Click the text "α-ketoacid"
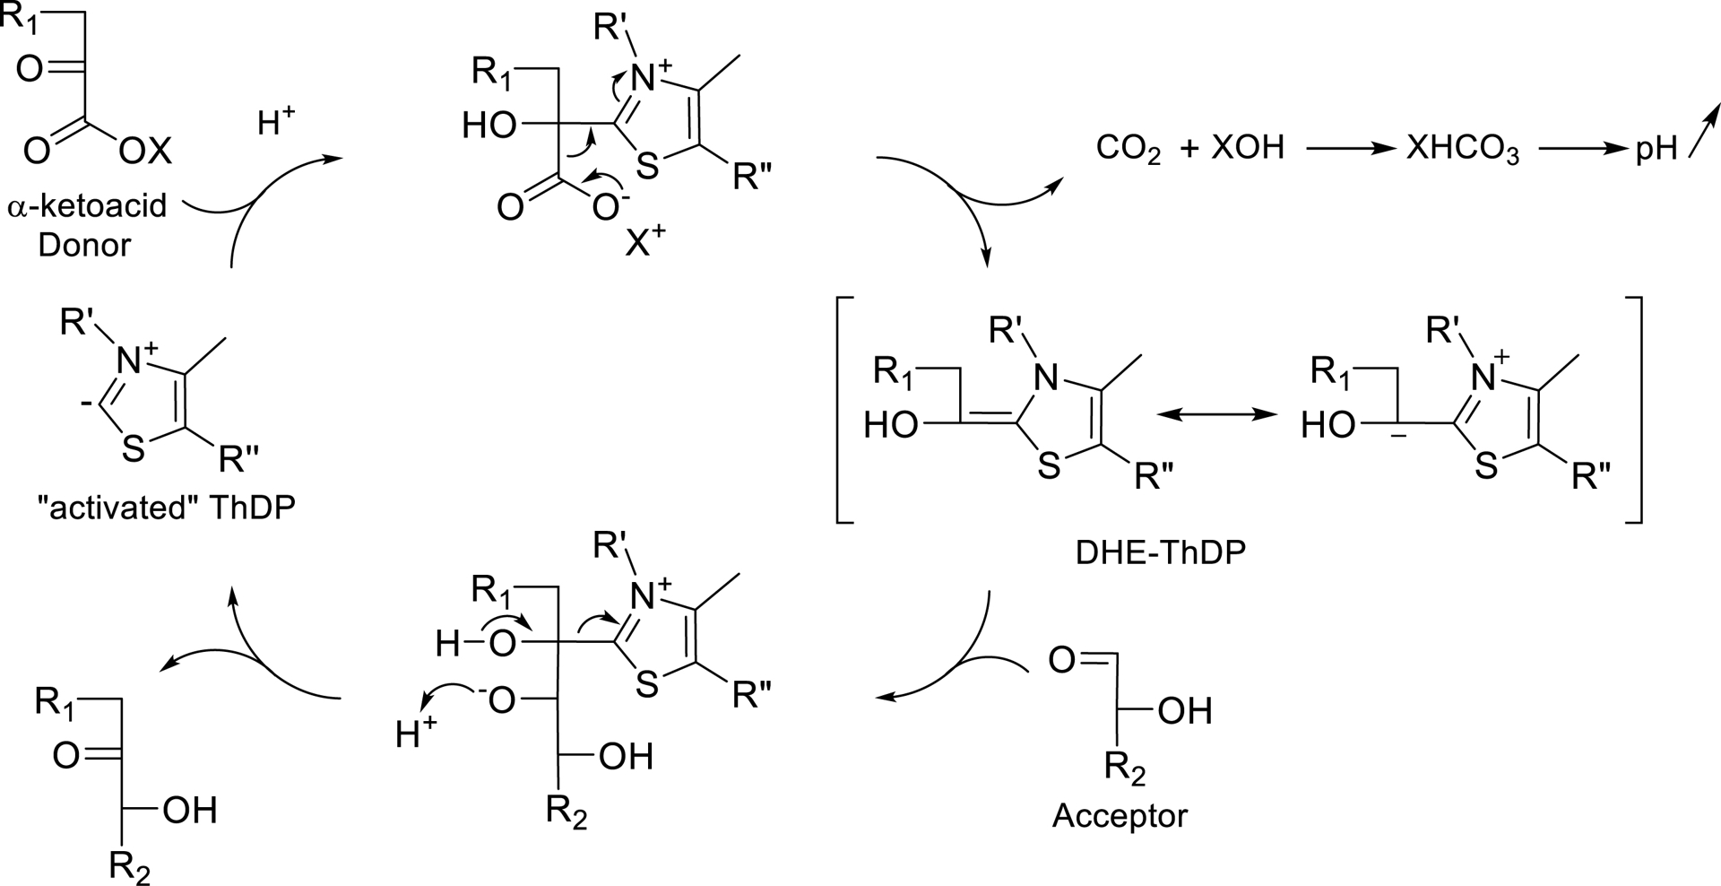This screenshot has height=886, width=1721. point(87,207)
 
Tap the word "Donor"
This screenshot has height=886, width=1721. point(84,245)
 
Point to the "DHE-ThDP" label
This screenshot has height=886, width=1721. point(1160,553)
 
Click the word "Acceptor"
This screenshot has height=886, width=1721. point(1120,816)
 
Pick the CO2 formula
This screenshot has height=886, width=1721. point(1129,149)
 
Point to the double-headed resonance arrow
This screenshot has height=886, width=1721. point(1215,414)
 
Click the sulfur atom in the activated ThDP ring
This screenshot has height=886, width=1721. point(133,448)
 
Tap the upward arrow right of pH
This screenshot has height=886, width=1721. point(1703,131)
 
